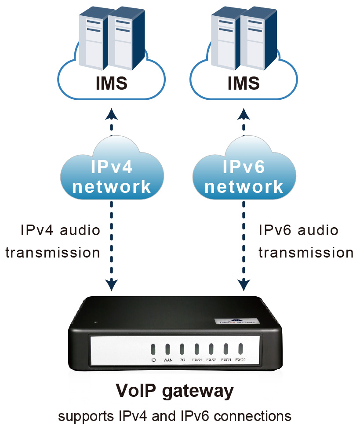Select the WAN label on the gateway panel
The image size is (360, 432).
click(x=167, y=360)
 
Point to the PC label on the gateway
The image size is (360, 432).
click(x=182, y=360)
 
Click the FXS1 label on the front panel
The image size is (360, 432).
click(x=197, y=360)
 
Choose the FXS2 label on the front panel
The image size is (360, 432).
click(x=211, y=360)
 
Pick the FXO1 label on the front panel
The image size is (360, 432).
click(x=226, y=360)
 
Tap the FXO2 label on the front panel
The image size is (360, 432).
click(x=240, y=360)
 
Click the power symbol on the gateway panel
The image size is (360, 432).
click(x=153, y=360)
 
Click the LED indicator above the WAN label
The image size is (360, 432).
click(x=167, y=349)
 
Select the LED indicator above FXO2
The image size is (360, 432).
click(x=240, y=349)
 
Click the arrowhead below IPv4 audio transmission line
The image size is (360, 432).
click(x=112, y=285)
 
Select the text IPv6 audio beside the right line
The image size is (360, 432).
click(x=298, y=230)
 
